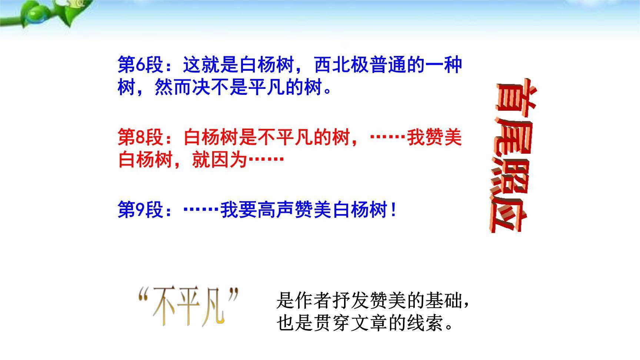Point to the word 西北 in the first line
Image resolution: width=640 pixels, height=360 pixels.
point(333,65)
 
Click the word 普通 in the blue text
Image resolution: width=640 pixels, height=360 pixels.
point(388,65)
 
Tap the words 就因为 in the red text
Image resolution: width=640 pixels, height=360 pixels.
point(219,160)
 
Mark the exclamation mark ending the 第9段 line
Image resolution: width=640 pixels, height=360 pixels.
point(393,210)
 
